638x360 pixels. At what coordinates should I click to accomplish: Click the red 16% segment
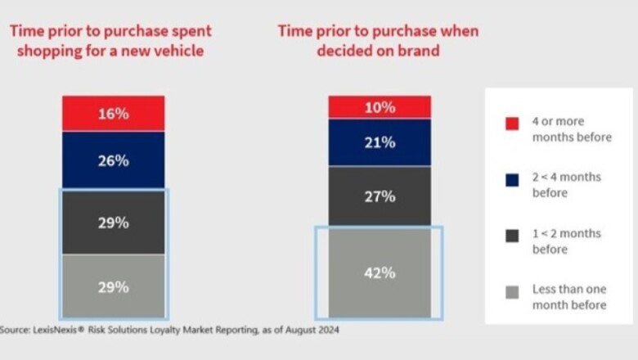click(x=113, y=114)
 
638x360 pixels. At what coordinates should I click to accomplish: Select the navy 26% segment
click(x=113, y=161)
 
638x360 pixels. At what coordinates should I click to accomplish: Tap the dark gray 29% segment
click(x=113, y=223)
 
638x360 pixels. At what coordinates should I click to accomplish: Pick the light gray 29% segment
click(x=113, y=286)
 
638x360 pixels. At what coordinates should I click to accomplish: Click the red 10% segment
click(x=380, y=107)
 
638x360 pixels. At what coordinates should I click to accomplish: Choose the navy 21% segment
click(x=380, y=142)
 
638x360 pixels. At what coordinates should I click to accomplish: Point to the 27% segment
click(x=380, y=196)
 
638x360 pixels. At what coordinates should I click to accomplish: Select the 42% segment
click(x=380, y=273)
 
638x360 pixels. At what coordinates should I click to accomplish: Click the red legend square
click(x=512, y=124)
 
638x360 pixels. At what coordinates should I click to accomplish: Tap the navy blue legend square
click(x=512, y=178)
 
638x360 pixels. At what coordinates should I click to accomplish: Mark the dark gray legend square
click(x=512, y=235)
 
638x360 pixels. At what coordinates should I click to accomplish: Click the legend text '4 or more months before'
click(x=571, y=129)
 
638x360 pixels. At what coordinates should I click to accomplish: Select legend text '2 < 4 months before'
click(x=567, y=184)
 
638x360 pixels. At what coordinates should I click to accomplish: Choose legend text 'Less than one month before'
click(x=569, y=297)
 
